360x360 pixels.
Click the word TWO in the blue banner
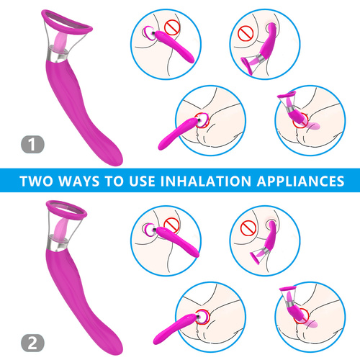(36, 181)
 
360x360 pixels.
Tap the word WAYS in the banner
(79, 181)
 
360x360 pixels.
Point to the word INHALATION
(205, 181)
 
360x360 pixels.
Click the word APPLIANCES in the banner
(300, 181)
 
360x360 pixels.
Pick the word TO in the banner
(114, 181)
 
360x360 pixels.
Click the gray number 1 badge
(32, 145)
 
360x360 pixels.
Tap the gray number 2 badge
(32, 343)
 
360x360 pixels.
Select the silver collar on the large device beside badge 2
(56, 244)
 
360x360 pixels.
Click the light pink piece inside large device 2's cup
(59, 230)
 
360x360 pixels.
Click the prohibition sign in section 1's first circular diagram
(172, 27)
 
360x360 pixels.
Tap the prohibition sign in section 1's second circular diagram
(246, 33)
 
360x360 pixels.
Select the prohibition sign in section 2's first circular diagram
(171, 225)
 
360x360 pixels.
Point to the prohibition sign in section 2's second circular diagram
(248, 228)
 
